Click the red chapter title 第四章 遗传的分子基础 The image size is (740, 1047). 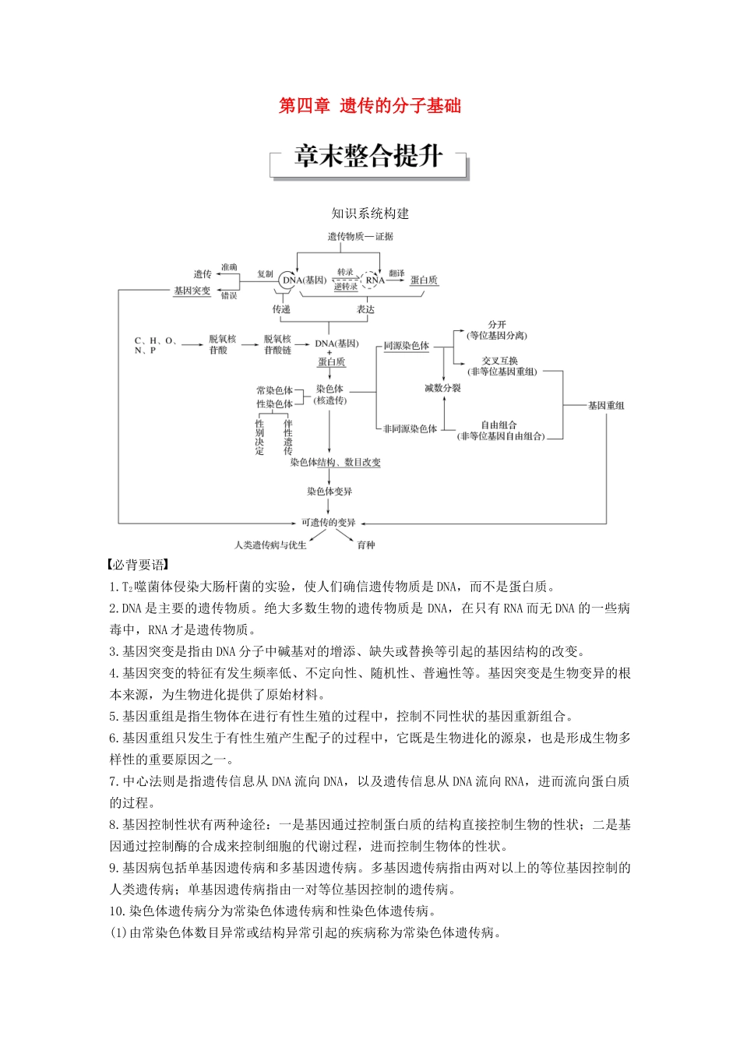(x=370, y=106)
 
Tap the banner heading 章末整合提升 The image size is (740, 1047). (x=368, y=157)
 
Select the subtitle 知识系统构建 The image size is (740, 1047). (x=370, y=213)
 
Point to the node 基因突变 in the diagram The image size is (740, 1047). (x=192, y=291)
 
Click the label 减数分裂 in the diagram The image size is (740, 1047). (x=442, y=388)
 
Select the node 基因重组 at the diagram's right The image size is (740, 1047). (x=606, y=405)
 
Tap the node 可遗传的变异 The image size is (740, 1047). (x=329, y=522)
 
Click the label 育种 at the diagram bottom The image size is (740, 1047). (x=366, y=545)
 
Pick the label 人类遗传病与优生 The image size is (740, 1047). (x=270, y=545)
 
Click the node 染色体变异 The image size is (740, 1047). (x=329, y=492)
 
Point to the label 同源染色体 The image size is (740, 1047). (x=406, y=346)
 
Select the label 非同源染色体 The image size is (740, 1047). (x=410, y=429)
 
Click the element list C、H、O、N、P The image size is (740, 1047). (x=155, y=345)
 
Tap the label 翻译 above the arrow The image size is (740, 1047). (x=396, y=273)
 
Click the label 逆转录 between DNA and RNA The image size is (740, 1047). (x=345, y=287)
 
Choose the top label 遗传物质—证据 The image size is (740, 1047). (x=361, y=236)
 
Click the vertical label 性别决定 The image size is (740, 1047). (x=259, y=437)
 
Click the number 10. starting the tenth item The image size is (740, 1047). (x=117, y=911)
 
